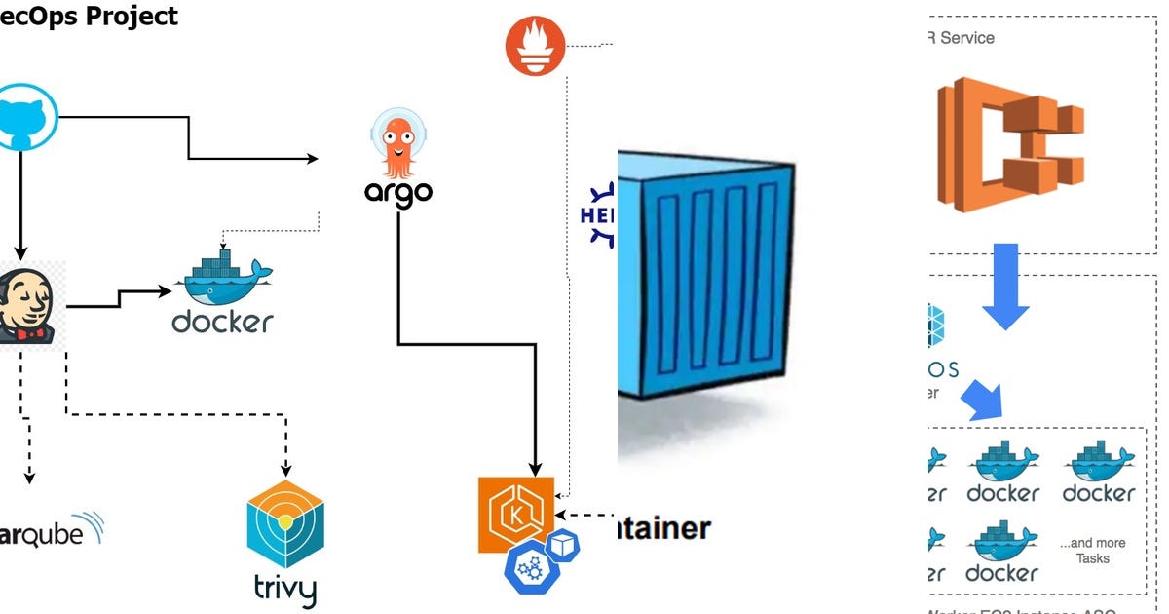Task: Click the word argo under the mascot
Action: tap(397, 192)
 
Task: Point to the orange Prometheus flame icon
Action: tap(535, 47)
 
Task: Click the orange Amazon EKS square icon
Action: tap(515, 515)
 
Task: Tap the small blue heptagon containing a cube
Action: tap(562, 546)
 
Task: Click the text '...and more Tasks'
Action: tap(1092, 551)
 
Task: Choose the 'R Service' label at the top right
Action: tap(960, 38)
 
